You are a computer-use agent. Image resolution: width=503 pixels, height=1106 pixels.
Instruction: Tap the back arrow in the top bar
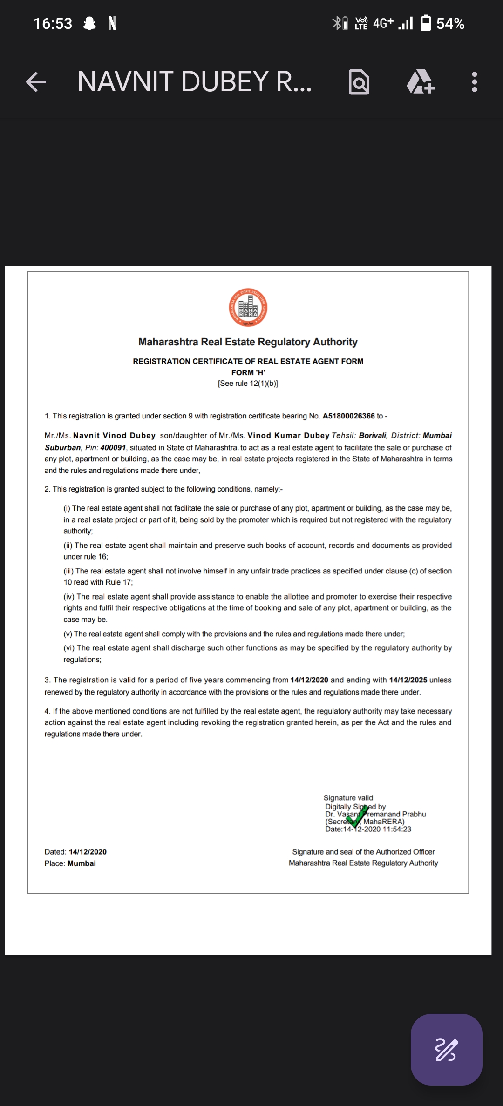coord(36,82)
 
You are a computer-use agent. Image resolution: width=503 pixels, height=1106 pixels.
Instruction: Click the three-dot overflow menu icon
coord(474,82)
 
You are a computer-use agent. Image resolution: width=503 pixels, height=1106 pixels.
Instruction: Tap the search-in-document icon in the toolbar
coord(359,82)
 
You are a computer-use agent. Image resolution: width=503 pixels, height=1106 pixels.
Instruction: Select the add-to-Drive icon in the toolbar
coord(420,82)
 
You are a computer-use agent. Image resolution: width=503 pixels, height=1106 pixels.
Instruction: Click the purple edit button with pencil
coord(446,1050)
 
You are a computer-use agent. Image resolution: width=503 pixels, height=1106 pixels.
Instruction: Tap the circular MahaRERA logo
coord(248,308)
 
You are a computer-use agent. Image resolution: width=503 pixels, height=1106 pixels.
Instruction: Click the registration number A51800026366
coord(348,416)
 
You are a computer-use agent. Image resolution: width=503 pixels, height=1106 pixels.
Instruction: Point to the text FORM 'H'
coord(248,372)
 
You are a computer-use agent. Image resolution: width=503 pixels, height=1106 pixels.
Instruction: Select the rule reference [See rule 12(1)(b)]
coord(248,384)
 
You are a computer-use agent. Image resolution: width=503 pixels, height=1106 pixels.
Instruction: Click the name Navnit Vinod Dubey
coord(114,436)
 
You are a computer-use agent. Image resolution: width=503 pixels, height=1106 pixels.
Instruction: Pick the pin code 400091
coord(113,447)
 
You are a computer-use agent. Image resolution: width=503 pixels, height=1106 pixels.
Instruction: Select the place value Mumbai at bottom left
coord(82,863)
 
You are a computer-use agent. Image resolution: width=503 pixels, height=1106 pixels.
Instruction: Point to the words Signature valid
coord(348,798)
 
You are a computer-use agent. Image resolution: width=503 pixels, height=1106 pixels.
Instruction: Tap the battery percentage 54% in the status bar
coord(450,24)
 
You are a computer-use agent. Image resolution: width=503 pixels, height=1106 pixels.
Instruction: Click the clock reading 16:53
coord(53,24)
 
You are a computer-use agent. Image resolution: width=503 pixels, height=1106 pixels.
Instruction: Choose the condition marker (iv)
coord(69,597)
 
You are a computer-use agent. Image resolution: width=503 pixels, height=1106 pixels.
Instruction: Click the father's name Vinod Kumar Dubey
coord(288,436)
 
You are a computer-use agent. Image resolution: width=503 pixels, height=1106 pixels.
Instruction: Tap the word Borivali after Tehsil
coord(373,436)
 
